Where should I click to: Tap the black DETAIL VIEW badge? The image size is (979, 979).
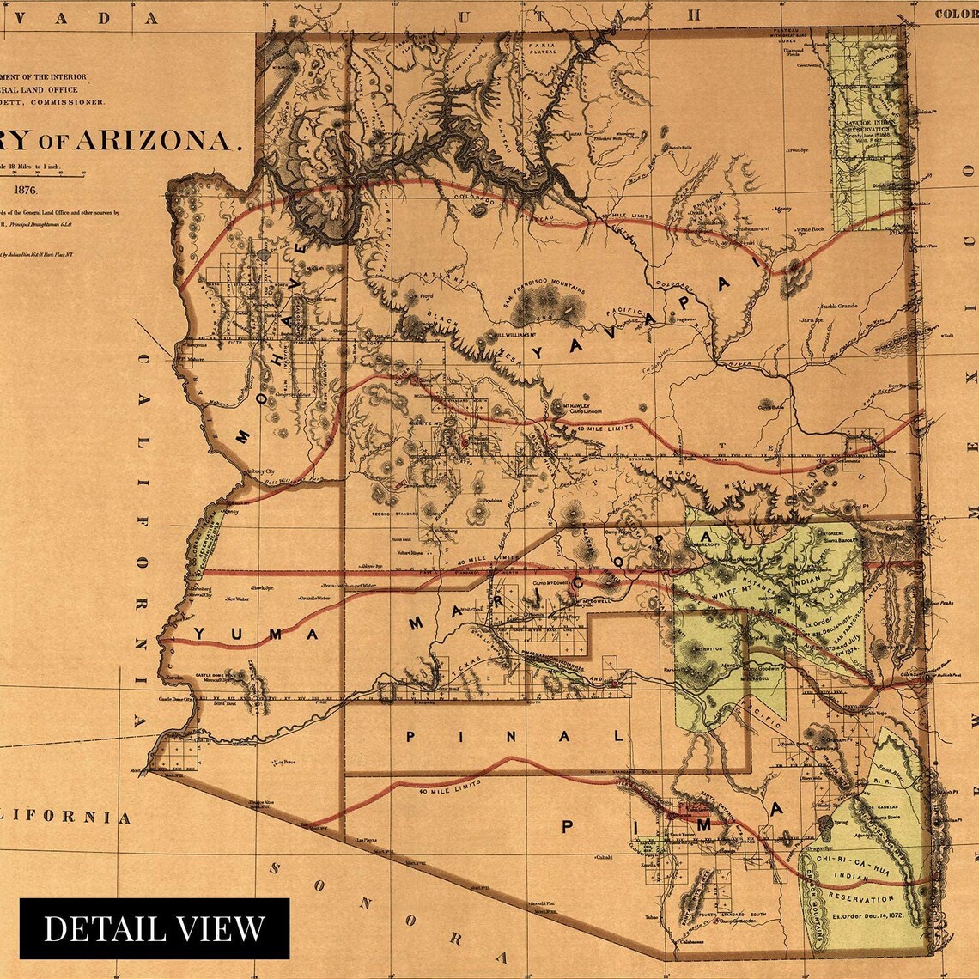(x=155, y=928)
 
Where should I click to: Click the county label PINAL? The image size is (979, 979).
(x=515, y=736)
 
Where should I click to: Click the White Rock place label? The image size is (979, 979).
(x=809, y=229)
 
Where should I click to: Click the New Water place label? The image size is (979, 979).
(x=238, y=599)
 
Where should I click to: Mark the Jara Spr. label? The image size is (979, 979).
(x=806, y=320)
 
